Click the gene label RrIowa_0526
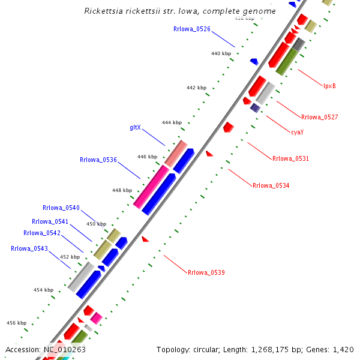191,29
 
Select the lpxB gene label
329,86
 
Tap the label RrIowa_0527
320,117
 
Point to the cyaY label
297,132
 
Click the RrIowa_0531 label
290,159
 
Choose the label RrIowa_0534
271,186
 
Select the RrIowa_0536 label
98,160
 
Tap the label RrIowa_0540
61,208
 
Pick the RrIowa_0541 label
50,221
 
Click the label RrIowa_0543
29,248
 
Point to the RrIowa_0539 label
206,273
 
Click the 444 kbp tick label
172,122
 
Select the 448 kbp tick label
122,190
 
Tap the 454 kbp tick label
43,290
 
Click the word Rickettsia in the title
104,11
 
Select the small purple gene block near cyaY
255,107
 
